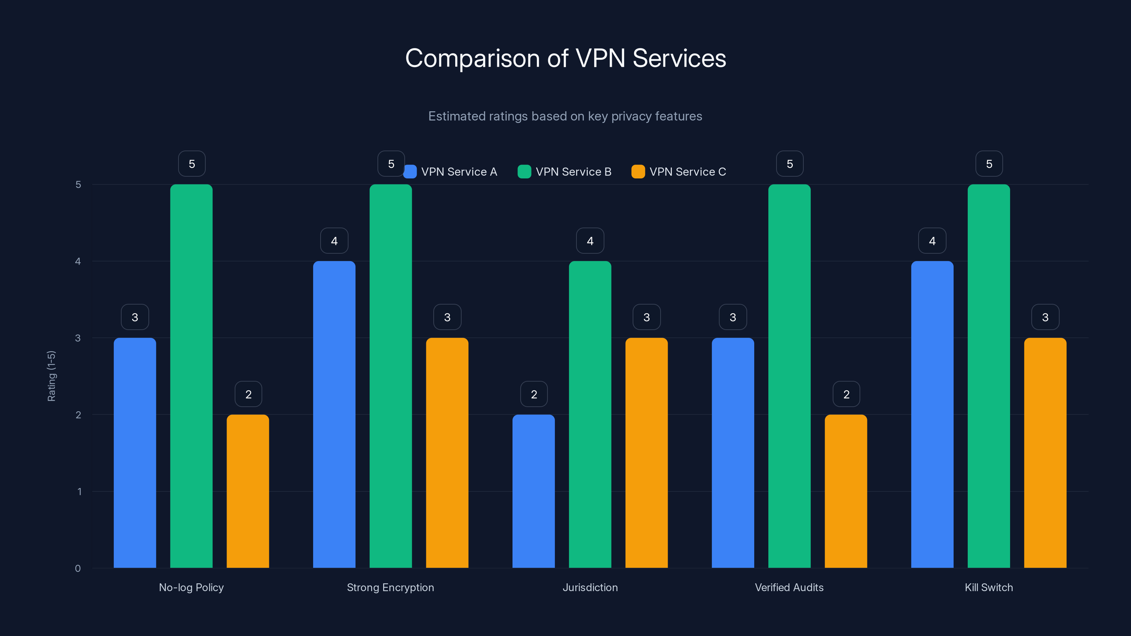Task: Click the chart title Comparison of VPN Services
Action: tap(565, 58)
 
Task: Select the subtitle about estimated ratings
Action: tap(565, 116)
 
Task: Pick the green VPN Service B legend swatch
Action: tap(524, 172)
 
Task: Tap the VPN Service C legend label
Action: tap(687, 172)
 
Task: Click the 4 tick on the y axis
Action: tap(78, 261)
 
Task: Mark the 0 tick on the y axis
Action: tap(78, 569)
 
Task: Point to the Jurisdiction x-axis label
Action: tap(590, 587)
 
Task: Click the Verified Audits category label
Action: tap(789, 587)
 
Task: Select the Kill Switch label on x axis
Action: tap(989, 587)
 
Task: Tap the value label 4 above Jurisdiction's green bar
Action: tap(590, 241)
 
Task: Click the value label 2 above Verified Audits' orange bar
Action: tap(846, 394)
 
